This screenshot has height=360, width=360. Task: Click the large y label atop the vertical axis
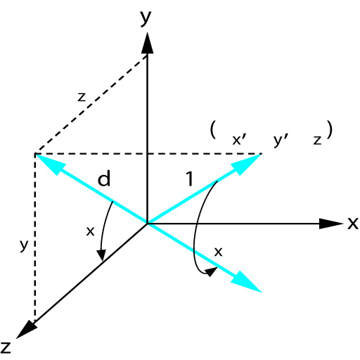click(x=146, y=18)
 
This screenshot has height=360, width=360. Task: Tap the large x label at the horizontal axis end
click(x=353, y=223)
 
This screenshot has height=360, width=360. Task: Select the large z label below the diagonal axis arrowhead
click(x=6, y=347)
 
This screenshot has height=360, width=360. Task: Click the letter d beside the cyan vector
click(x=104, y=178)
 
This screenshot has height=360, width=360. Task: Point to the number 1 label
click(x=190, y=179)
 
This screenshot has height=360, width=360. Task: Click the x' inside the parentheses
click(x=239, y=140)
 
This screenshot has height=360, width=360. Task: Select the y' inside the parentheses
click(x=281, y=140)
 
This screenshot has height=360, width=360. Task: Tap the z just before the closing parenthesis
click(x=317, y=140)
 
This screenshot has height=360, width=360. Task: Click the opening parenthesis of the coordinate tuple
click(x=213, y=129)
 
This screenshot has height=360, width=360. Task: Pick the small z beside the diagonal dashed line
click(x=82, y=97)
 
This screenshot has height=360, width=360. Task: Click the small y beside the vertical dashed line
click(x=24, y=245)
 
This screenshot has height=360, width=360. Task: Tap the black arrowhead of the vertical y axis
click(x=148, y=43)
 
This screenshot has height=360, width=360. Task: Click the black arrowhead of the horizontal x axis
click(x=331, y=224)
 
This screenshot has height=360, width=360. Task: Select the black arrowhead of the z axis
click(x=26, y=329)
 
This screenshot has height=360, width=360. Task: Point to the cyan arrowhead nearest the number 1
click(x=247, y=164)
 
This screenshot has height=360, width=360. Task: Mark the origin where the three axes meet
click(x=147, y=224)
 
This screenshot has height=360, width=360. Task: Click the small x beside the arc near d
click(x=90, y=231)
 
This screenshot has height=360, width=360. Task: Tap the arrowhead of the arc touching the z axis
click(x=101, y=255)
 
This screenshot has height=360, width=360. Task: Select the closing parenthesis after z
click(x=330, y=129)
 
